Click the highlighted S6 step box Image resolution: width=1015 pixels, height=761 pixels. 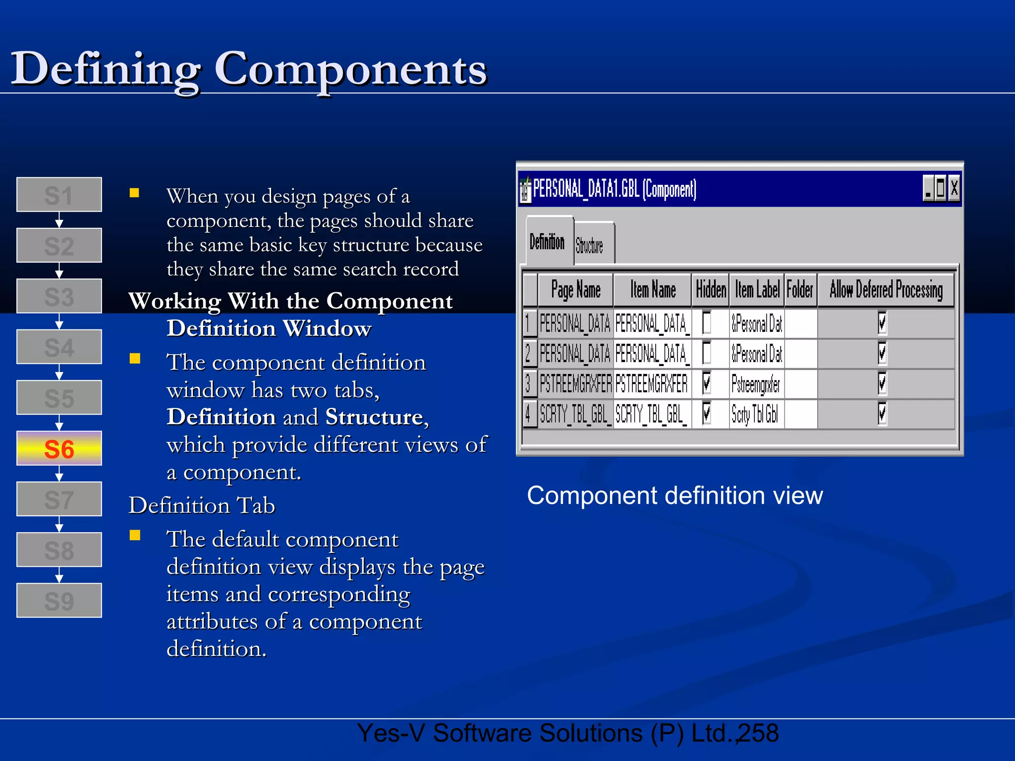[x=59, y=448]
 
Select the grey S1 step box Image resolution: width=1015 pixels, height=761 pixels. [x=59, y=195]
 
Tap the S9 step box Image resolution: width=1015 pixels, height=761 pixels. [x=59, y=600]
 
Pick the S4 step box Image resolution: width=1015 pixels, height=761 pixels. [x=59, y=347]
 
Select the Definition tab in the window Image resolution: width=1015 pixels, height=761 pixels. [x=547, y=242]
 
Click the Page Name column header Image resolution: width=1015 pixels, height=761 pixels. [x=576, y=290]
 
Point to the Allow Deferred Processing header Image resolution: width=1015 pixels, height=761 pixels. [x=886, y=290]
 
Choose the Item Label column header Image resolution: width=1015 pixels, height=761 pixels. [x=757, y=290]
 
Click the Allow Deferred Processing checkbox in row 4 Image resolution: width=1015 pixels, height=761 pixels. [x=882, y=414]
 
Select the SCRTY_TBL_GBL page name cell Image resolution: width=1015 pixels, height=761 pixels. [x=575, y=414]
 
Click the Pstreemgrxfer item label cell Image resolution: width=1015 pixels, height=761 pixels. [x=756, y=384]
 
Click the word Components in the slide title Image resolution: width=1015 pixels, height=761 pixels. [x=350, y=69]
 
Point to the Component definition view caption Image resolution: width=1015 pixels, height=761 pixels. [x=675, y=495]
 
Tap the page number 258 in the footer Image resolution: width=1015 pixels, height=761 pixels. [x=758, y=733]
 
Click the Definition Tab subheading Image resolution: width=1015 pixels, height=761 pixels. [x=202, y=505]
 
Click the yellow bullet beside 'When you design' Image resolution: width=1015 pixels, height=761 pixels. [x=134, y=193]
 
